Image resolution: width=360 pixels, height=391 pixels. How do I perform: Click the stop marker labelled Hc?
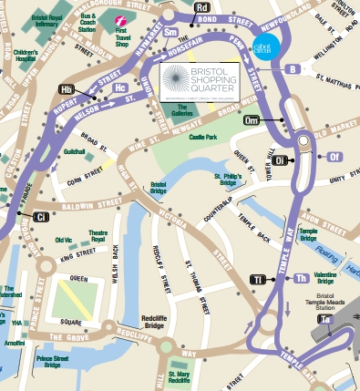click(x=121, y=87)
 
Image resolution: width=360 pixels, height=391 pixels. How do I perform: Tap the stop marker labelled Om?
click(x=252, y=119)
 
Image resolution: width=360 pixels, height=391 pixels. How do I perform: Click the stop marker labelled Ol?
click(x=281, y=160)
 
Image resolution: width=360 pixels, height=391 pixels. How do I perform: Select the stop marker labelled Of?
click(x=334, y=157)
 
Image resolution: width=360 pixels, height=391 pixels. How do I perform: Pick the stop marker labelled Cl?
click(x=40, y=217)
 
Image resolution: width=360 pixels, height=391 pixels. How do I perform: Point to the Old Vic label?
click(x=64, y=241)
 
